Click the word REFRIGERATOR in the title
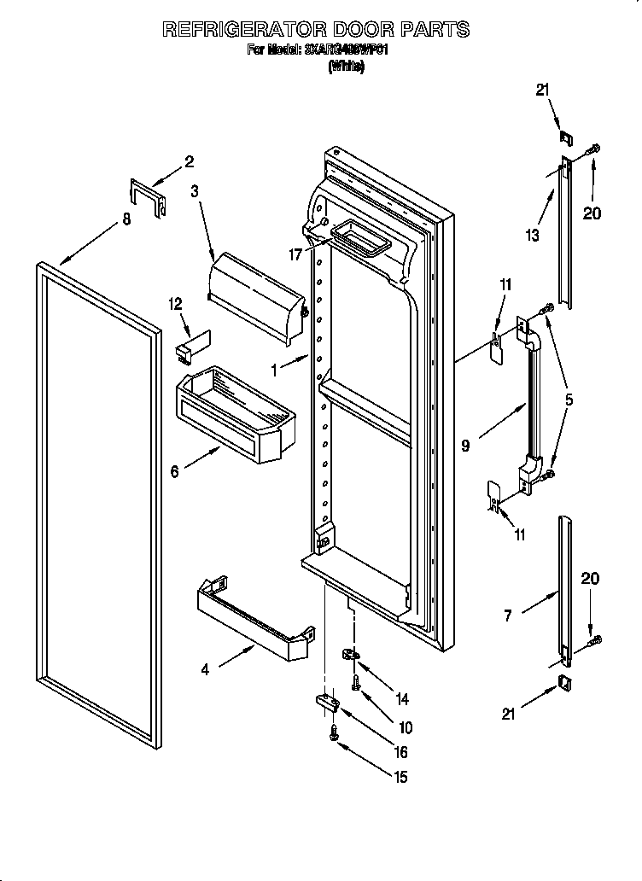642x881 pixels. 244,30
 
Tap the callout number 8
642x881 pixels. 126,219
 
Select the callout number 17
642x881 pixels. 295,253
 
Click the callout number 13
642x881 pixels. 533,236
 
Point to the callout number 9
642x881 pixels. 465,446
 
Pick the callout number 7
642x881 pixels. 508,615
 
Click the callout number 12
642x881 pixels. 175,304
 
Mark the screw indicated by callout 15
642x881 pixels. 333,732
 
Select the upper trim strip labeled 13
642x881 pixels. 565,235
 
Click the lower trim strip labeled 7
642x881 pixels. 564,589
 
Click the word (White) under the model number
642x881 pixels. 347,68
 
